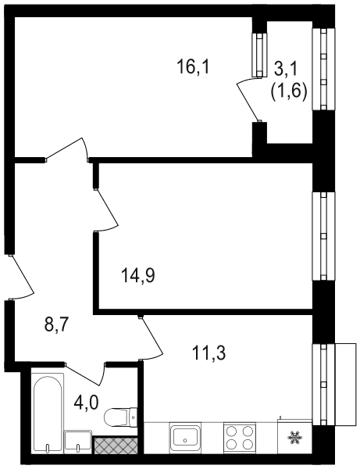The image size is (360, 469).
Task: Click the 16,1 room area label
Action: point(194,66)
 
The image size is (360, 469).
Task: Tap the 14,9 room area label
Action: point(138,275)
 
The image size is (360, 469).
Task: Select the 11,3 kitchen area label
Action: point(209,353)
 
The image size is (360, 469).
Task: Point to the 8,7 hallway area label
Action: point(57,324)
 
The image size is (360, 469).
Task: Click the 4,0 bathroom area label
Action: point(87,403)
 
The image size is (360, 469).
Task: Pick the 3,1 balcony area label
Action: point(286,69)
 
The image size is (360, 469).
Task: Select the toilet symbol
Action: point(120,416)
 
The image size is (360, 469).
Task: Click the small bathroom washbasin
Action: point(78,442)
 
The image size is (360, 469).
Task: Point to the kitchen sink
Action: point(185,438)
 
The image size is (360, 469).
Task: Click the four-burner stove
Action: point(240,438)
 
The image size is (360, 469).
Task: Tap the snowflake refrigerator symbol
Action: point(294,437)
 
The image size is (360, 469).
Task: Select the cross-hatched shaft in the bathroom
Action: point(116,445)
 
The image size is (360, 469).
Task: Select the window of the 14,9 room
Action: point(323,236)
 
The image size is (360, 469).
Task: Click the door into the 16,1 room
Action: point(67,149)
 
